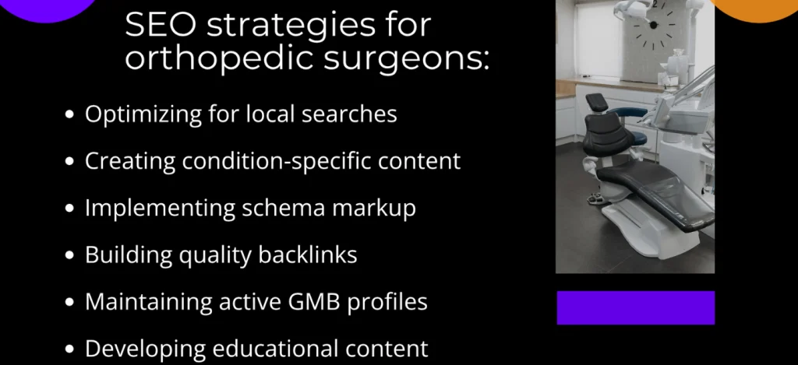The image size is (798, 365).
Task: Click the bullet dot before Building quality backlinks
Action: coord(70,255)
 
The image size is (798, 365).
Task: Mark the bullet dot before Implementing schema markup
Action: coord(70,209)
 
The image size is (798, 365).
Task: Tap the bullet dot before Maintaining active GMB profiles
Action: coord(70,302)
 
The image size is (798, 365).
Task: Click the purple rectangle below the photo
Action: coord(635,307)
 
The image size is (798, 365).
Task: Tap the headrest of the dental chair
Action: coord(597,103)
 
